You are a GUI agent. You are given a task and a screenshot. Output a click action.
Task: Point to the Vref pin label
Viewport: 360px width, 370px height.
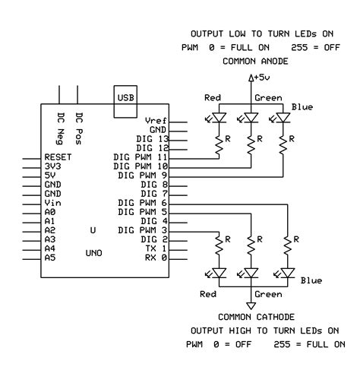[x=156, y=122]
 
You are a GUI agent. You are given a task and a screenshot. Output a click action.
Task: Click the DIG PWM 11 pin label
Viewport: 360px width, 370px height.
[x=140, y=157]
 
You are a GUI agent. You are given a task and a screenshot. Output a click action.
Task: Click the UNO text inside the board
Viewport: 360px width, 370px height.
[x=93, y=253]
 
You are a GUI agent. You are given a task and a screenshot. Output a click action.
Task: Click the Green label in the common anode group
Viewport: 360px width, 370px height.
[x=268, y=97]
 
